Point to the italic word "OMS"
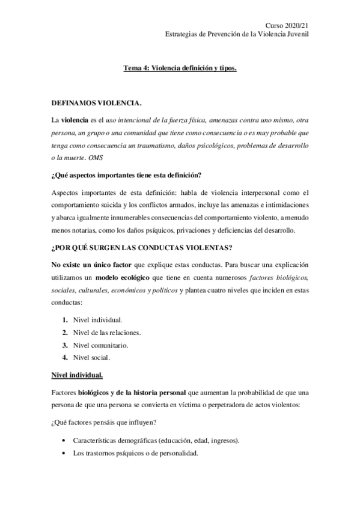(x=96, y=158)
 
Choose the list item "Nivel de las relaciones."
(x=106, y=333)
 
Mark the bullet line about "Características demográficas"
(x=156, y=440)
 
